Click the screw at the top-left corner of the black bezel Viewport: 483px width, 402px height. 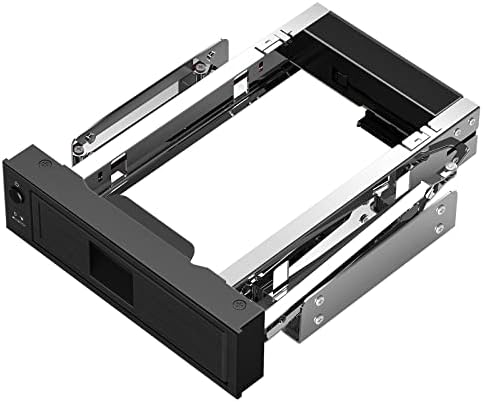click(x=42, y=162)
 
